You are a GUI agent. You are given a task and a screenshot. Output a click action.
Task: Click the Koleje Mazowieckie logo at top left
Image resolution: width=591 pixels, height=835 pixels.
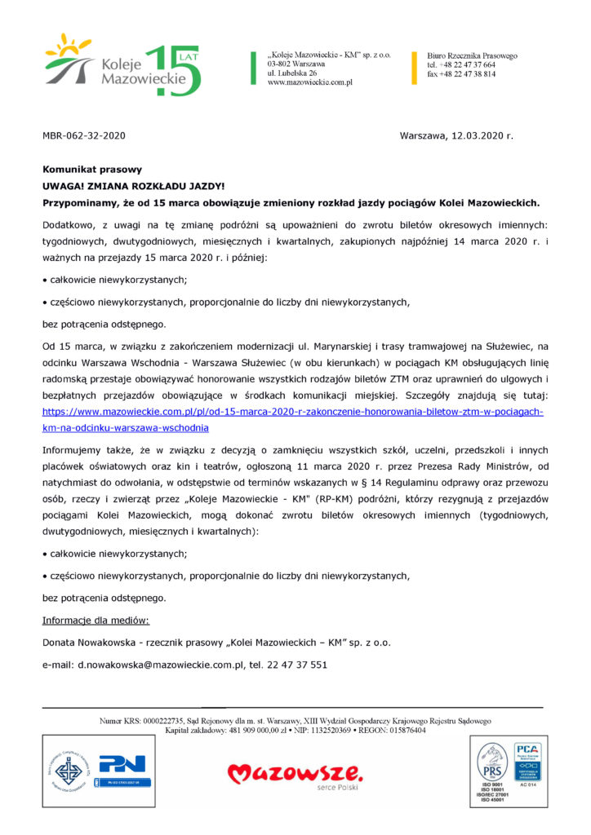pos(122,65)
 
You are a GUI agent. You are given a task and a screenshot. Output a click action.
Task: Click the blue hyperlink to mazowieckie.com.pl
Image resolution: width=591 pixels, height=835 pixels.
pos(292,412)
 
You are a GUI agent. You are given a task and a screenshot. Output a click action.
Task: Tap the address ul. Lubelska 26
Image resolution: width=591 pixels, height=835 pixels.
pos(292,73)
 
